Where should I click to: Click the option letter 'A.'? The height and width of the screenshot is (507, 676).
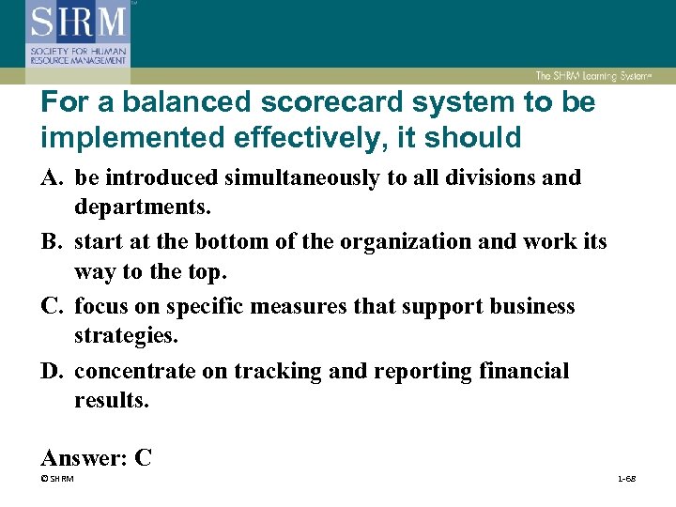[54, 177]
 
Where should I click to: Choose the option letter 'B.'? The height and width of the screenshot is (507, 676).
[54, 241]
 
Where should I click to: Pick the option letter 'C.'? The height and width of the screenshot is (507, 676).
[54, 306]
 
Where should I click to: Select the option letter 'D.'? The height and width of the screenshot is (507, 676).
[54, 371]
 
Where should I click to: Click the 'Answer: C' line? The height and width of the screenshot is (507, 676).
[97, 457]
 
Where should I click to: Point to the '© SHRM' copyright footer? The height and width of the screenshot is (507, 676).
[57, 480]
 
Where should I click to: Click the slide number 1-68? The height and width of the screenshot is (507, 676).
[625, 480]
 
